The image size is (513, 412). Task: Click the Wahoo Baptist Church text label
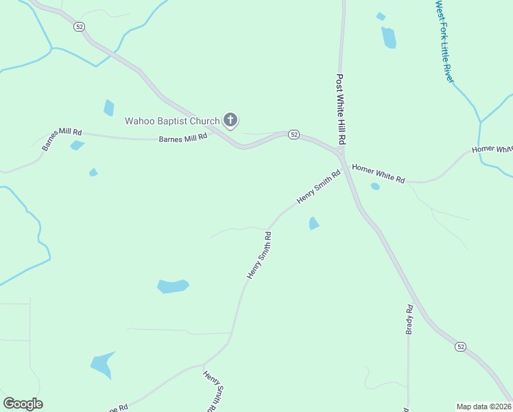[172, 122]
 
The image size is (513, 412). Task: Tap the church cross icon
[230, 122]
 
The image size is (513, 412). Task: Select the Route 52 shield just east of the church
[294, 135]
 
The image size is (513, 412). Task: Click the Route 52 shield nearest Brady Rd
[460, 347]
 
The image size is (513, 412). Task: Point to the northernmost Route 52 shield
[80, 26]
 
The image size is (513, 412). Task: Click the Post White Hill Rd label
[340, 108]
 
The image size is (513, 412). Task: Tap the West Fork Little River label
[444, 41]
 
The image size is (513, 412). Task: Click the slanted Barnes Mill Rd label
[62, 139]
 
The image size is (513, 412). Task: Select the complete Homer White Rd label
[378, 172]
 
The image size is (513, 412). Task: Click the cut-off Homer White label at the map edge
[492, 149]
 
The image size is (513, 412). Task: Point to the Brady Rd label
[409, 319]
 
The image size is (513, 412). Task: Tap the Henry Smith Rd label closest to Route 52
[319, 187]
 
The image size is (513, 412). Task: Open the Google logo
[23, 404]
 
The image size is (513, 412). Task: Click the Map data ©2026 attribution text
[484, 407]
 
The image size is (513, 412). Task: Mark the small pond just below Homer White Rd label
[375, 186]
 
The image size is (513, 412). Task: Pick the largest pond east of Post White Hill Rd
[389, 38]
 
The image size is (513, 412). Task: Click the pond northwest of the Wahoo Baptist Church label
[108, 108]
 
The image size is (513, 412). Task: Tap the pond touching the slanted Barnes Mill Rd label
[77, 145]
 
